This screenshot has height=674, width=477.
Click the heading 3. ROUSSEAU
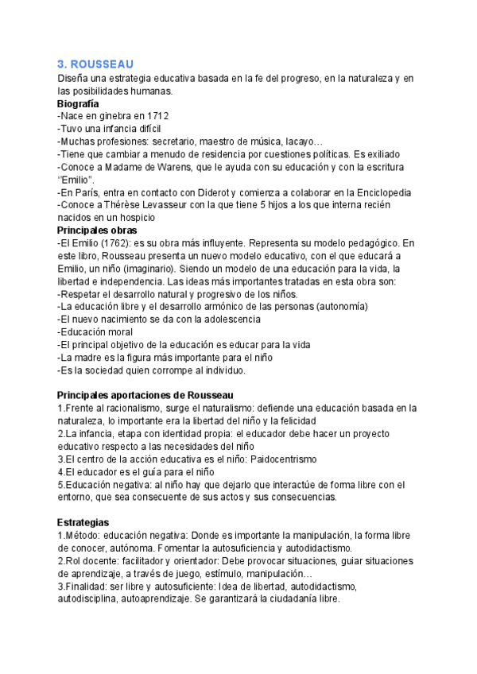tap(95, 64)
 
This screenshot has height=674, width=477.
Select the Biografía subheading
tap(78, 103)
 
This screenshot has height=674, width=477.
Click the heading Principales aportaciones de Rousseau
tap(145, 395)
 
